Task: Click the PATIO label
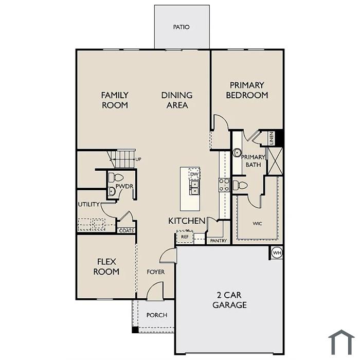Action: tap(181, 27)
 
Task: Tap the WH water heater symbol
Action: tap(277, 253)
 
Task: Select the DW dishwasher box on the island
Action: tap(194, 174)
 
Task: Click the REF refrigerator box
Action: tap(185, 237)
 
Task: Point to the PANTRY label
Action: tap(219, 241)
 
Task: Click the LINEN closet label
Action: tap(272, 138)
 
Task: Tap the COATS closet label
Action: tap(127, 231)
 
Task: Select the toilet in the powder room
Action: tap(116, 177)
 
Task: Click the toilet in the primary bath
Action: tap(240, 185)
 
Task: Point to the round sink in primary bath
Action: tap(237, 153)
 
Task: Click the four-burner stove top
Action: tap(224, 185)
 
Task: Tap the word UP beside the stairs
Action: tap(138, 159)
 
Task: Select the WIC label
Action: tap(257, 223)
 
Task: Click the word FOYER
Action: tap(156, 272)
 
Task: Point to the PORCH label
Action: tap(157, 315)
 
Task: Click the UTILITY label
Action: tap(89, 204)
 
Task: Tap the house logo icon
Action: tap(341, 342)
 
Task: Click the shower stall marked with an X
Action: tap(275, 161)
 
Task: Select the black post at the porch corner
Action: tap(135, 330)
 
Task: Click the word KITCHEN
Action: tap(187, 221)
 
